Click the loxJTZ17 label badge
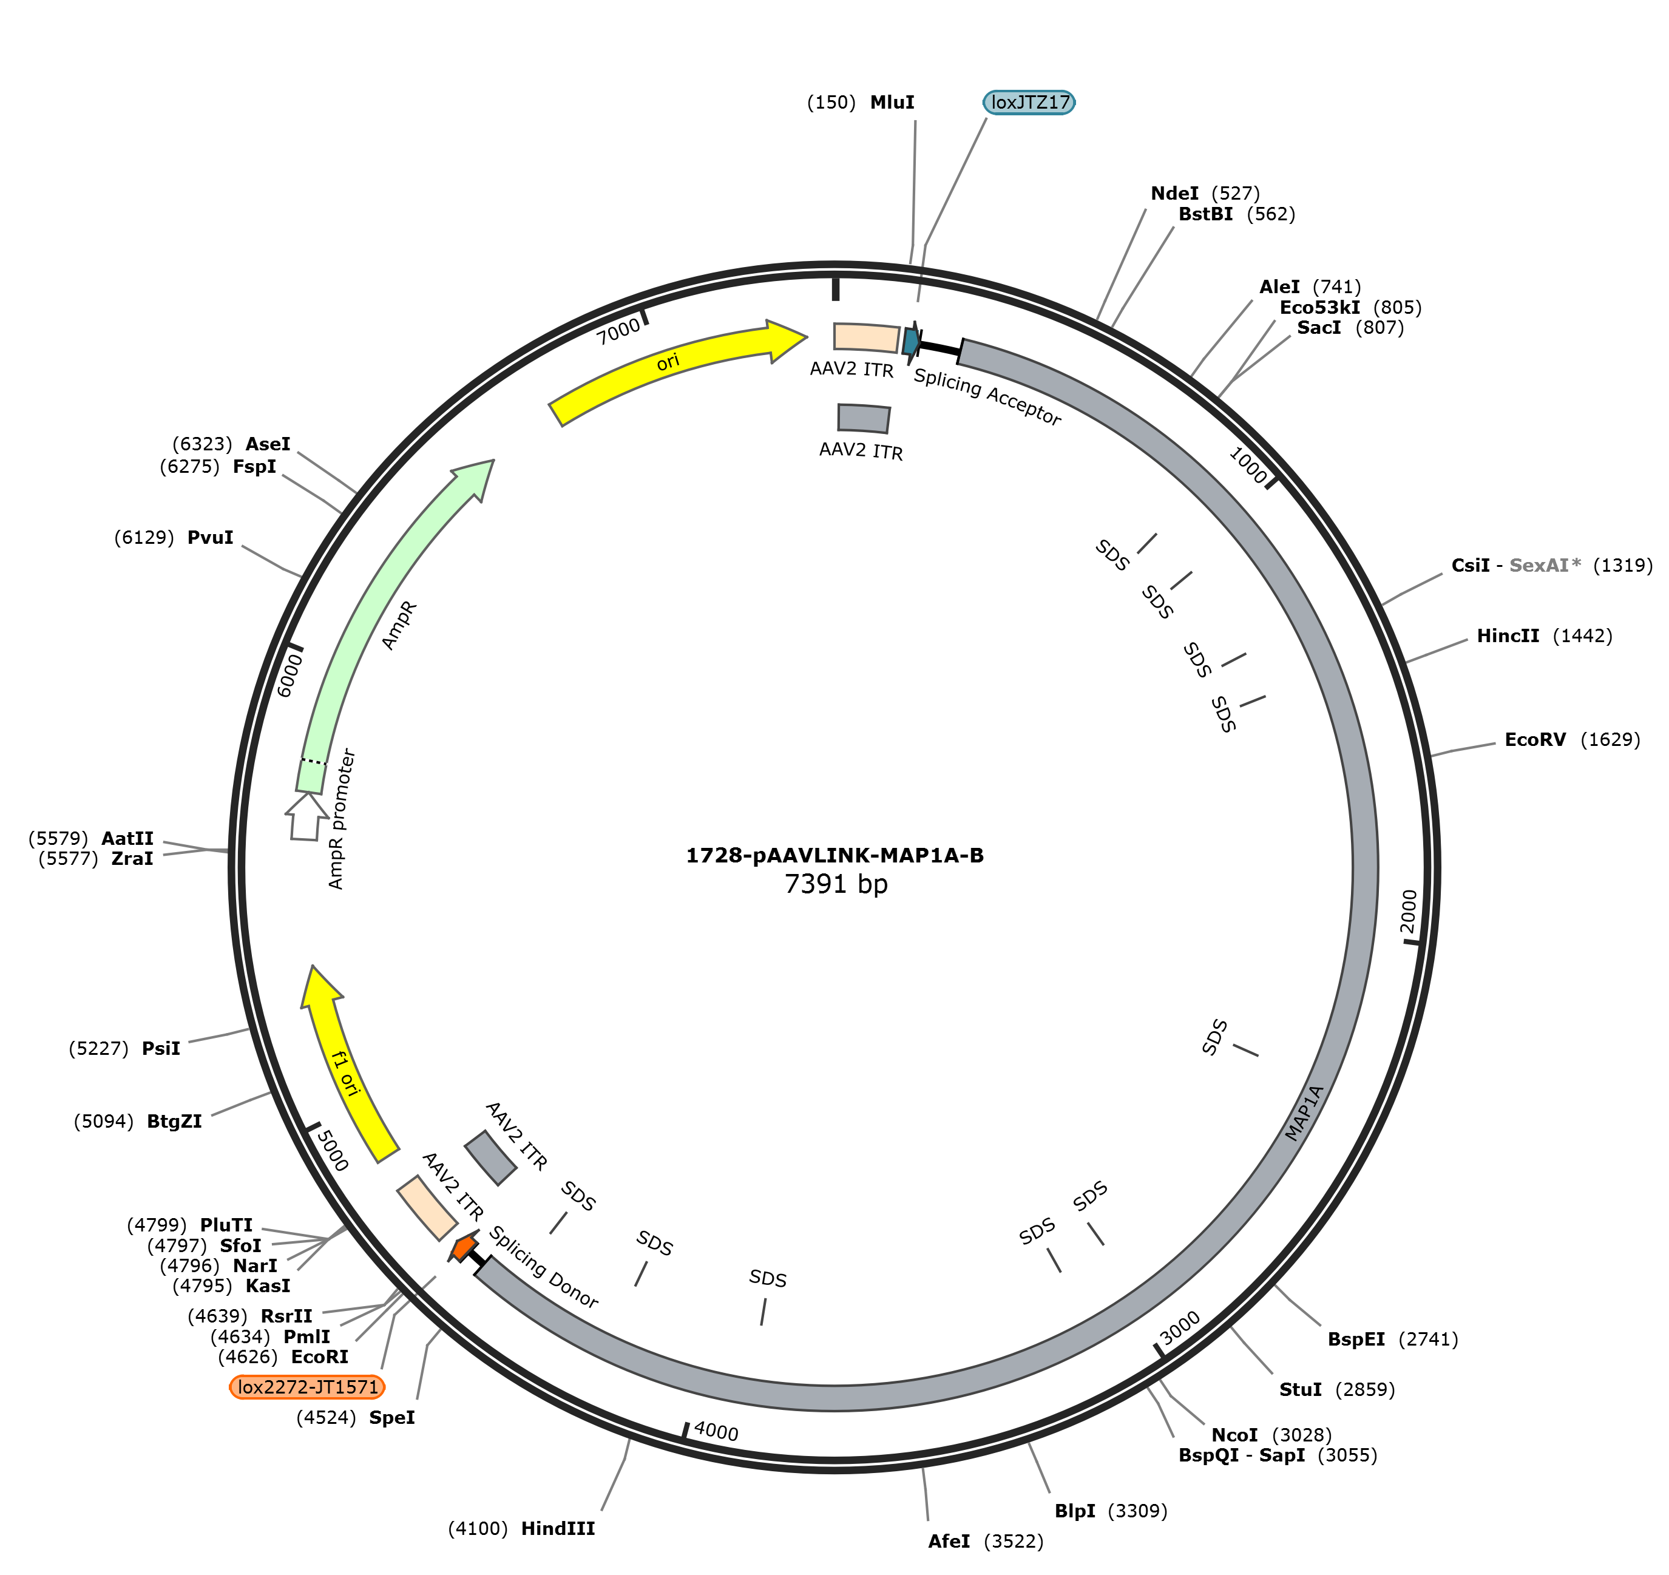pos(1029,103)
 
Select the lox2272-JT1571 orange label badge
pos(307,1387)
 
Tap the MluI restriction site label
pos(892,103)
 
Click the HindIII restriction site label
pos(558,1528)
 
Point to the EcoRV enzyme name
pos(1535,740)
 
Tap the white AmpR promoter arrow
pos(306,816)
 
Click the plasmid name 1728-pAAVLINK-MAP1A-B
pos(835,856)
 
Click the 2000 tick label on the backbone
pos(1409,911)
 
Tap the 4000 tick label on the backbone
pos(716,1431)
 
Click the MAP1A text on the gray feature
pos(1305,1113)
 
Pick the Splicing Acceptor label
pos(987,396)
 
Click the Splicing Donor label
pos(544,1267)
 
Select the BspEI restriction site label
pos(1356,1339)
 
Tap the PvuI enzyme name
pos(210,537)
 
